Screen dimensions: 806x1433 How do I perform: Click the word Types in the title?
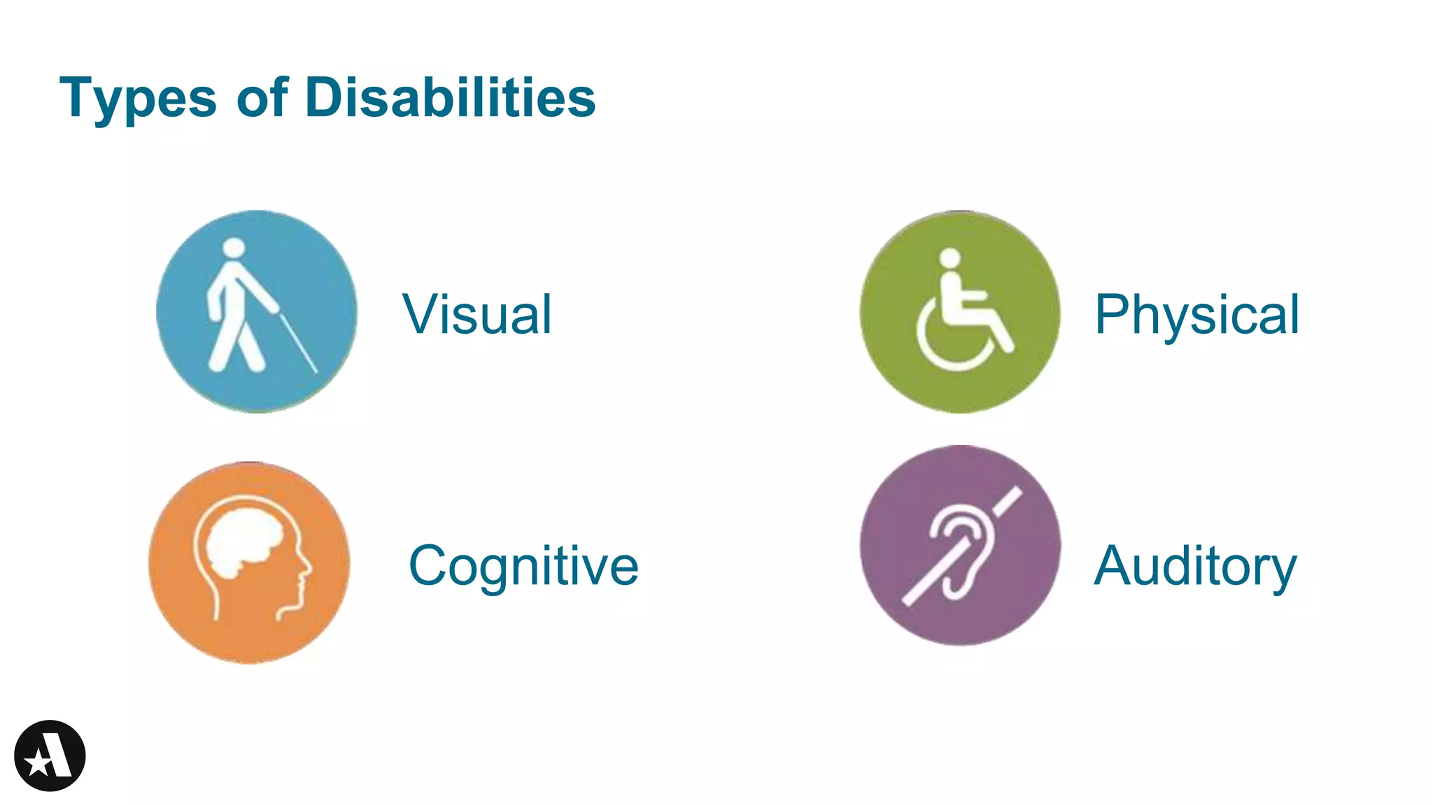tap(138, 98)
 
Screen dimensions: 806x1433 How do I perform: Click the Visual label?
tap(477, 314)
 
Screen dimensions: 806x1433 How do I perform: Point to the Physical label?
tap(1196, 314)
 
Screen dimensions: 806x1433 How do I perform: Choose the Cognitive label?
tap(523, 565)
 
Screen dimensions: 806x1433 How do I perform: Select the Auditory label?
tap(1195, 565)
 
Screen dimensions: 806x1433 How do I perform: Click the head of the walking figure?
tap(234, 248)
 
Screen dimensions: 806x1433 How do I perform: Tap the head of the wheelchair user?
tap(950, 257)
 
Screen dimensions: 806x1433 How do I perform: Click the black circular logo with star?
tap(50, 756)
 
